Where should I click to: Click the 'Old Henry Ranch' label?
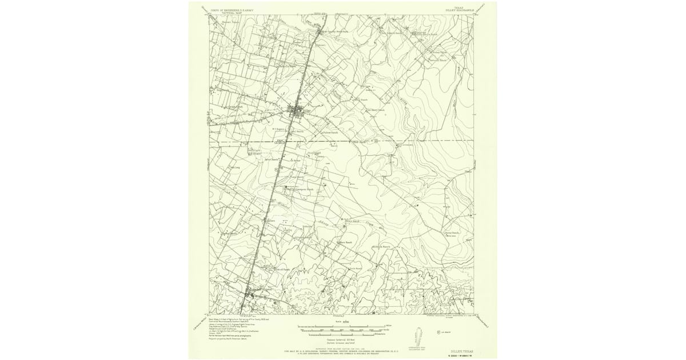[376, 110]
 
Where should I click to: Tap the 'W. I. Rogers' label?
[278, 129]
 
